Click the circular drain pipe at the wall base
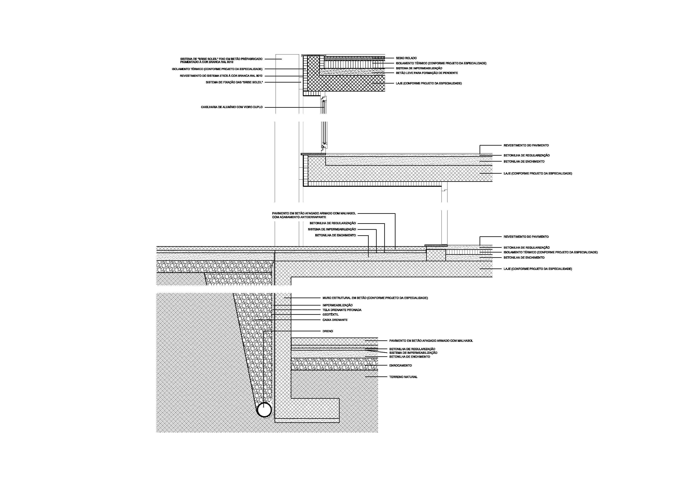click(264, 410)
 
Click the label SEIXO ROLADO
click(406, 58)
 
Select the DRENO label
click(328, 331)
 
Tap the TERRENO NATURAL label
click(403, 377)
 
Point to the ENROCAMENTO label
click(400, 365)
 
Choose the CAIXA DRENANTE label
click(335, 320)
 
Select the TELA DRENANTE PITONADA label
click(342, 310)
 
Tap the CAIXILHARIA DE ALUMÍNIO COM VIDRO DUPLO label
click(232, 107)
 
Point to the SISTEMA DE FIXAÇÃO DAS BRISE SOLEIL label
click(234, 82)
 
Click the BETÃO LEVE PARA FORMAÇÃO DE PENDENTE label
click(427, 73)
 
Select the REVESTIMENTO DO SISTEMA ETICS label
click(221, 76)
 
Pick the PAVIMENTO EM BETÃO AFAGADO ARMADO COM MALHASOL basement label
click(431, 341)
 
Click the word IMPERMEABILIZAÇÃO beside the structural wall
click(337, 305)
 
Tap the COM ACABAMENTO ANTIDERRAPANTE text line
click(299, 217)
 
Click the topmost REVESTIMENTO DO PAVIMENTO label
click(526, 145)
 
